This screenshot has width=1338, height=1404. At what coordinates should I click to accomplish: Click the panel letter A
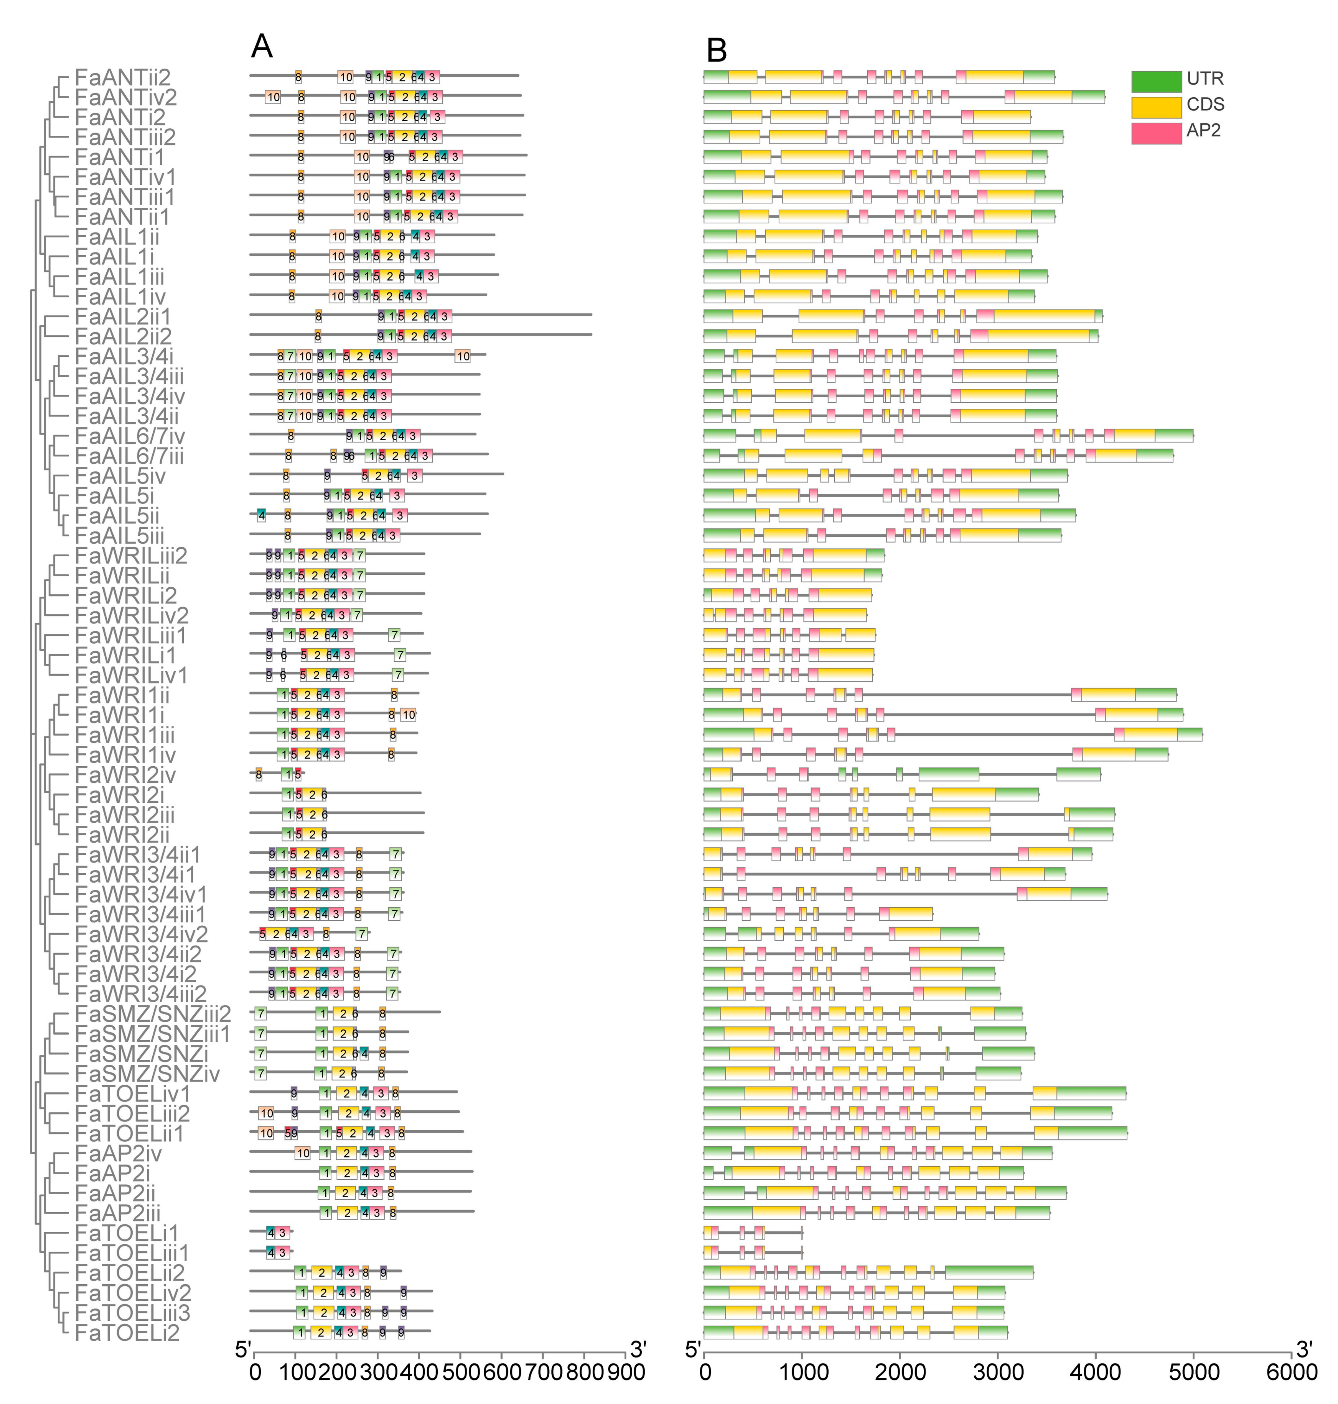(x=262, y=47)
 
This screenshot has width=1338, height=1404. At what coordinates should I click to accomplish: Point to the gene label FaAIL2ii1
(x=123, y=316)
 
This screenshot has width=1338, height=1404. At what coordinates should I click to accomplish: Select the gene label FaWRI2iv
(x=125, y=775)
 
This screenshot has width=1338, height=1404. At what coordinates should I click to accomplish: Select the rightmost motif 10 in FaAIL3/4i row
(x=463, y=356)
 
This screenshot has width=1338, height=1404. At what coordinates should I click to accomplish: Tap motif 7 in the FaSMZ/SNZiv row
(x=261, y=1073)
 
